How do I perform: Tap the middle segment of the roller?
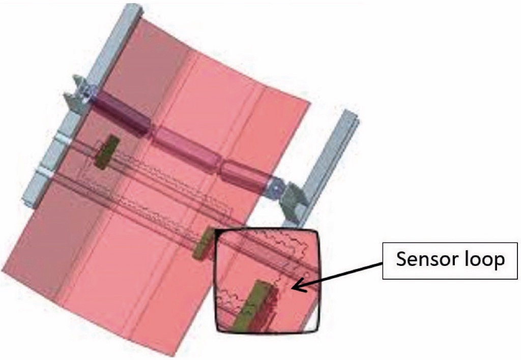coord(189,148)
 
